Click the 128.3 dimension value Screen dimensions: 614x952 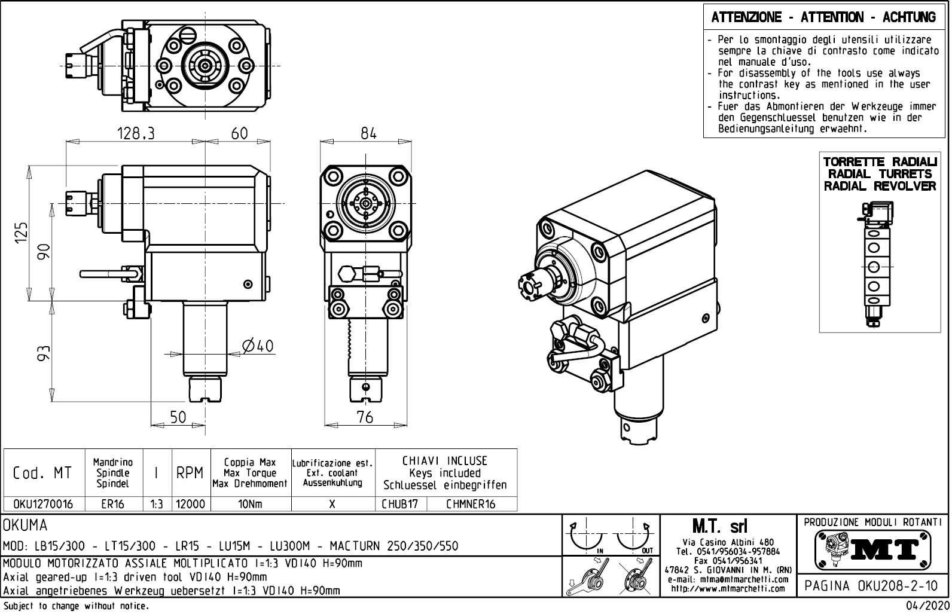click(x=135, y=134)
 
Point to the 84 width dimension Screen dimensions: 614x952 click(x=368, y=134)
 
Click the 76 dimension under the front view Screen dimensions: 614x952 click(x=365, y=417)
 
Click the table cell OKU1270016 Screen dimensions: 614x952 click(x=43, y=504)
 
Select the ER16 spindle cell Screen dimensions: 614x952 click(x=113, y=504)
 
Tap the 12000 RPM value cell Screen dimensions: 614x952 click(x=191, y=504)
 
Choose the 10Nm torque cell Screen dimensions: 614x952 click(x=250, y=504)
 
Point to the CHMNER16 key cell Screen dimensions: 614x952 click(x=471, y=504)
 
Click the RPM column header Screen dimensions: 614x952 click(x=191, y=473)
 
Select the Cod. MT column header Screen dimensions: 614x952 click(x=43, y=473)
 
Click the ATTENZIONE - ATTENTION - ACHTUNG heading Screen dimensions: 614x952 click(x=823, y=17)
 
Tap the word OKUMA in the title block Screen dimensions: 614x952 click(x=25, y=526)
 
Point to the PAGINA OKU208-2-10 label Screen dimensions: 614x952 click(x=872, y=586)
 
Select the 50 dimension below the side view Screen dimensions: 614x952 click(x=178, y=417)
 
